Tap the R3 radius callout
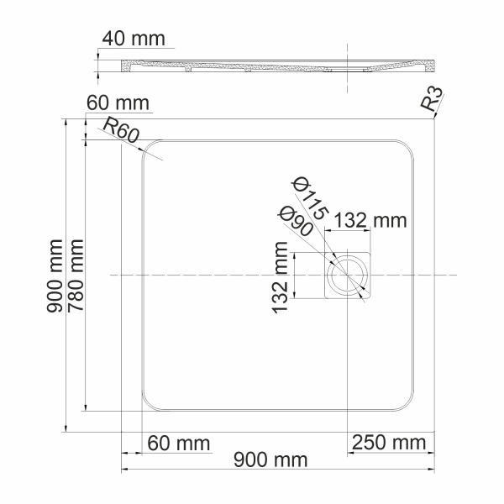pyautogui.click(x=432, y=101)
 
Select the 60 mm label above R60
pyautogui.click(x=118, y=103)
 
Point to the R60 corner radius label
pyautogui.click(x=120, y=129)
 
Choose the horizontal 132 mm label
pyautogui.click(x=370, y=221)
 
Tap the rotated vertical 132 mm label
pyautogui.click(x=280, y=277)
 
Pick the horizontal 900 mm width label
pyautogui.click(x=270, y=460)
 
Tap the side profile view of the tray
pyautogui.click(x=277, y=66)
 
